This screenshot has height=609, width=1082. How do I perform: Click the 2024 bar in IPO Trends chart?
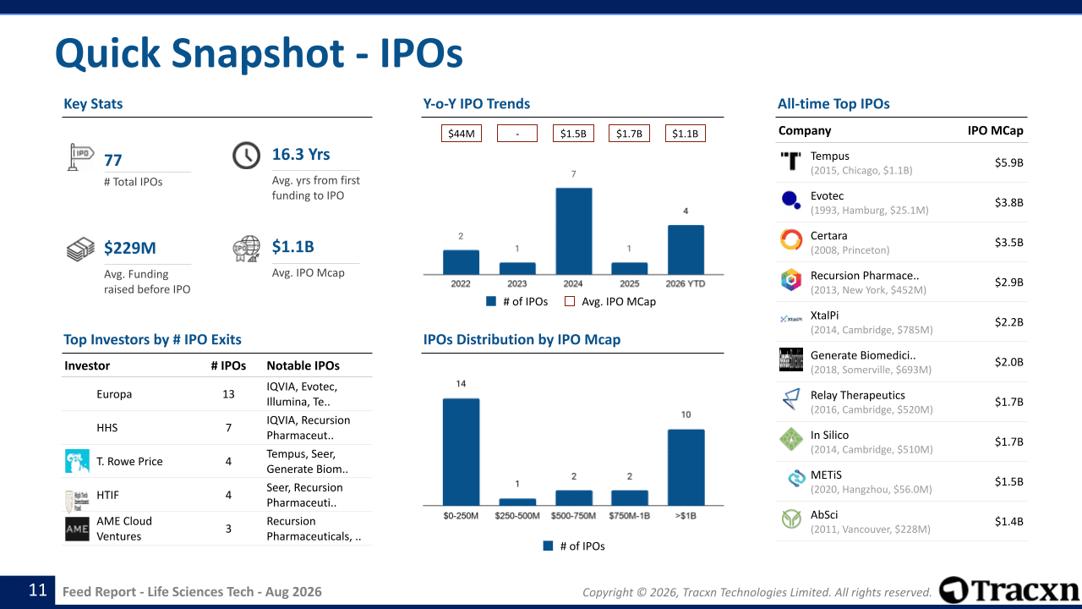tap(573, 231)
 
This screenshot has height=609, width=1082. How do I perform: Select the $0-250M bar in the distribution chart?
tap(461, 452)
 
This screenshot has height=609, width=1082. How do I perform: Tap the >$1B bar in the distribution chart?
tap(686, 468)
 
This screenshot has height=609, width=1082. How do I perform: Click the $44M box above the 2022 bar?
tap(462, 134)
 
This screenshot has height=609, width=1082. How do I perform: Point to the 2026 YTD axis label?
tap(686, 283)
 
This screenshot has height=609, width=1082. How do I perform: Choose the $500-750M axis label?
tap(573, 516)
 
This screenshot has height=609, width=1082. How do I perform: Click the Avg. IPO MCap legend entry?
tap(610, 302)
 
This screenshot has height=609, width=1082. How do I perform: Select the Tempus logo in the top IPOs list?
tap(790, 161)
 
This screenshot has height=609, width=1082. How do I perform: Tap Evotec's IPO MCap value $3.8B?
tap(1008, 202)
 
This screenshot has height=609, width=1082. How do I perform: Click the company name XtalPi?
tap(824, 315)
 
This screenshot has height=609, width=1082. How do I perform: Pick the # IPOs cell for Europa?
tap(228, 394)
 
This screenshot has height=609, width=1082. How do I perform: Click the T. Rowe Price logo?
tap(77, 461)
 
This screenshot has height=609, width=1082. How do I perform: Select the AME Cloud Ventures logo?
tap(77, 529)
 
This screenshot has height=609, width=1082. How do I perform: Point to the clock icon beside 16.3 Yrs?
tap(246, 156)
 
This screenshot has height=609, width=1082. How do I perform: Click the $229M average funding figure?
tap(130, 248)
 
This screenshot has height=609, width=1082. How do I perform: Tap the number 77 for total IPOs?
tap(113, 160)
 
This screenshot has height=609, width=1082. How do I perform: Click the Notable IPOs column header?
tap(303, 365)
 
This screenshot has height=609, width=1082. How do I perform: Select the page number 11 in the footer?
tap(38, 590)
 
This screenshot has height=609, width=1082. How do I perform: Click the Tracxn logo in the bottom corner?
tap(1009, 590)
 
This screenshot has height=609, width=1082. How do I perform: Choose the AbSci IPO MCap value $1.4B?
tap(1008, 522)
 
